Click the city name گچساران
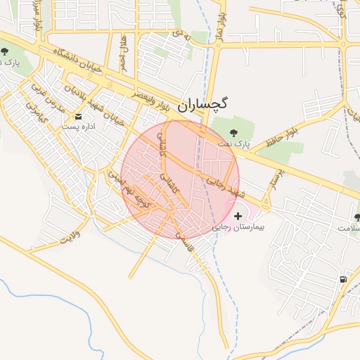pos(203,105)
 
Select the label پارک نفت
pos(234,144)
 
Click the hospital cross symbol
pos(236,217)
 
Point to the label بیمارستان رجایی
pos(237,229)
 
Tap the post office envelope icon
pos(78,117)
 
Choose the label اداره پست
pos(78,127)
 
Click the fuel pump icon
pos(343,279)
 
